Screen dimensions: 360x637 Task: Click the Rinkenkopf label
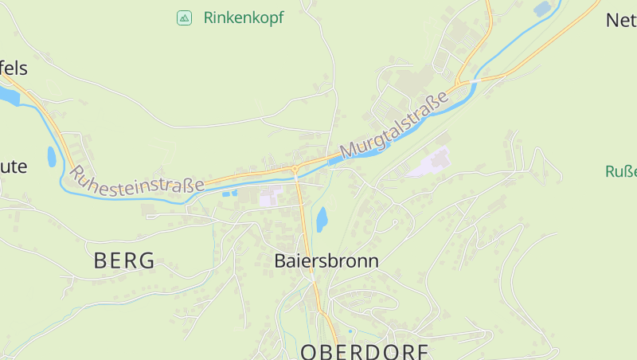click(243, 18)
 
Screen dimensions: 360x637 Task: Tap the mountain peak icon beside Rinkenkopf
click(184, 18)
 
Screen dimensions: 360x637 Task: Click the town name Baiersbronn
click(326, 260)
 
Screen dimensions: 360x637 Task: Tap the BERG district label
click(124, 260)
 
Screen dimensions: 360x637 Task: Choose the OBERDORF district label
click(364, 351)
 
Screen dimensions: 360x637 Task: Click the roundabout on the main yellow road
click(295, 169)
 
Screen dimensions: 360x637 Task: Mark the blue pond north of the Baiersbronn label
click(322, 218)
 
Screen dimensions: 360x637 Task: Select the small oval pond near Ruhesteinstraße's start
click(52, 156)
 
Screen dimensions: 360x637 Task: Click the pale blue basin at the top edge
click(543, 9)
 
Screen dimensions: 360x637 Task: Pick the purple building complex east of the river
click(429, 163)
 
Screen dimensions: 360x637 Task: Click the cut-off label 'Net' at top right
click(621, 20)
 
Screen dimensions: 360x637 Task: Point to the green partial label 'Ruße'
click(620, 171)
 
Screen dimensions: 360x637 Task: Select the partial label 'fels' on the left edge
click(14, 68)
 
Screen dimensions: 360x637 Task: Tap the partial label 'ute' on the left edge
click(14, 166)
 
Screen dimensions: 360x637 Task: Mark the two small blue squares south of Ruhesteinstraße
click(229, 193)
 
